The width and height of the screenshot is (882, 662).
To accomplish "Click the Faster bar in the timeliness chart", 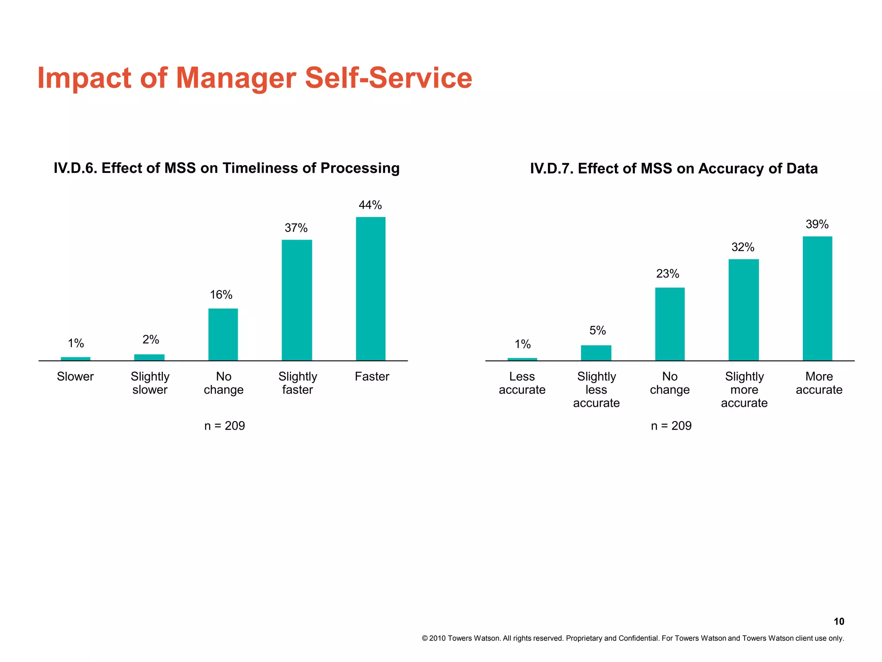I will click(x=370, y=289).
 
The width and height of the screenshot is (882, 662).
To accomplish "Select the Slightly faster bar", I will click(x=297, y=300).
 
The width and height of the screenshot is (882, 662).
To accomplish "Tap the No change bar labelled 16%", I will click(x=223, y=334).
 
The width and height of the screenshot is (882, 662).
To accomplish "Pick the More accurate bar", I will click(x=817, y=298).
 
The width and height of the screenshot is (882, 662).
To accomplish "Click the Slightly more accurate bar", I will click(x=743, y=310).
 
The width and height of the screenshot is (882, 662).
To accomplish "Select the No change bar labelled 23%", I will click(x=670, y=324).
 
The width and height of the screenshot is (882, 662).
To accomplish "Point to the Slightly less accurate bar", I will click(x=596, y=353).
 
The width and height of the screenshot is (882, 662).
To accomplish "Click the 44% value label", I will click(x=370, y=205).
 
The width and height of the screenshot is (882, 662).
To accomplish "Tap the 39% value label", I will click(x=817, y=225).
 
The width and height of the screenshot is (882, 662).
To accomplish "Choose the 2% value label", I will click(x=151, y=340).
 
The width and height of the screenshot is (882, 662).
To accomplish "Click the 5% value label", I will click(x=597, y=331).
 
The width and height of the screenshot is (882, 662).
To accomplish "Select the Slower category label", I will click(x=75, y=377).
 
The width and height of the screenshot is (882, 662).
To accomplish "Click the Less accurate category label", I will click(x=522, y=383).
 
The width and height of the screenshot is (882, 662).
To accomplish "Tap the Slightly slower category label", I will click(x=150, y=383).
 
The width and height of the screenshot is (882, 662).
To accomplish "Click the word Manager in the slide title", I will click(x=236, y=78).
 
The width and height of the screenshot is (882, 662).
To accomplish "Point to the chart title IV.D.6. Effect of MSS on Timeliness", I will click(x=227, y=168).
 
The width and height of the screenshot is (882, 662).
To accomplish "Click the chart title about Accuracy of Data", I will click(x=674, y=169).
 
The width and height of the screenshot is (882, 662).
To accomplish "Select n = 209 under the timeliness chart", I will click(x=224, y=426).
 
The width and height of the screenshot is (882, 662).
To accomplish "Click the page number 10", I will click(x=839, y=621).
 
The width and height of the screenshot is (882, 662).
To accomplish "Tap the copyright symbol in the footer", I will click(x=425, y=638).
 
